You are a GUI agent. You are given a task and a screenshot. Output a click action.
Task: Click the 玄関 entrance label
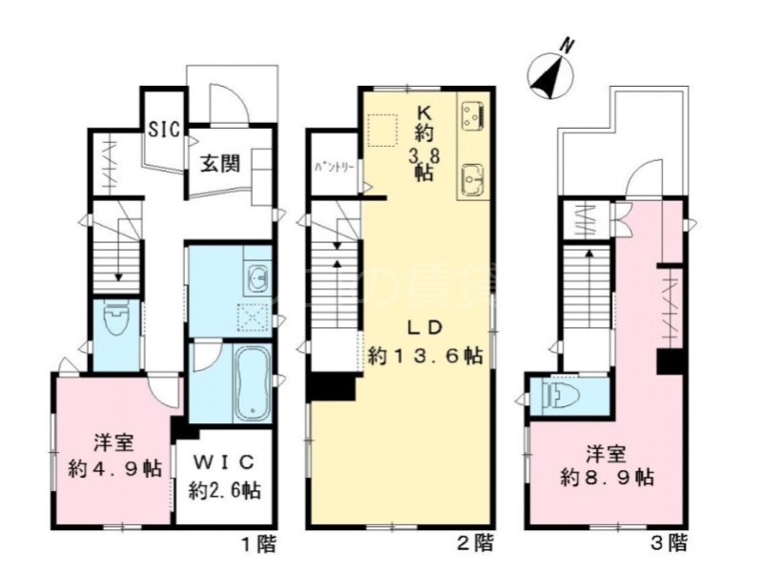218,163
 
